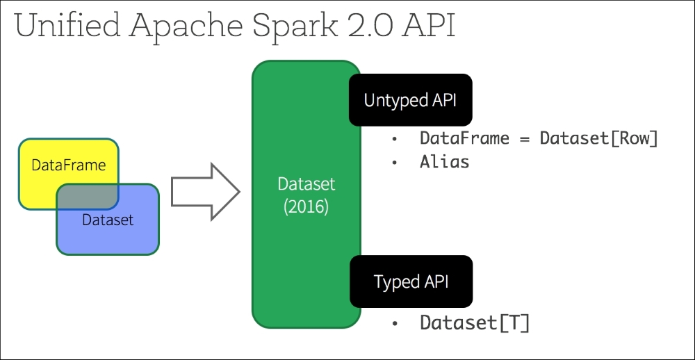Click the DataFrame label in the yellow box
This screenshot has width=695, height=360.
tap(68, 165)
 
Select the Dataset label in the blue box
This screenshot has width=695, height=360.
tap(107, 220)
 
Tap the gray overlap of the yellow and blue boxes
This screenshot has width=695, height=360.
tap(88, 196)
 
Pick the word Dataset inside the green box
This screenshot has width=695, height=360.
tap(306, 184)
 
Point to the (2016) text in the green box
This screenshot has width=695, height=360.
tap(306, 207)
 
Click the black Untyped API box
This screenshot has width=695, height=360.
tap(410, 100)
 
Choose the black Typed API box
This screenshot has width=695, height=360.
tap(411, 281)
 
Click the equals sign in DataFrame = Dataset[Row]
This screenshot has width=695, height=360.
tap(524, 138)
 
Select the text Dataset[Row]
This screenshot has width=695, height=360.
tap(598, 138)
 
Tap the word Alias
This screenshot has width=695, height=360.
tap(444, 162)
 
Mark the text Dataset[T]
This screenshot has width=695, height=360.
tap(474, 322)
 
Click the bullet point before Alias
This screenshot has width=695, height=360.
tap(395, 163)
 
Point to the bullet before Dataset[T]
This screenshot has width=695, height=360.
tap(395, 323)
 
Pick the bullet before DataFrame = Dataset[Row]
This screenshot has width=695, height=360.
tap(395, 139)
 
